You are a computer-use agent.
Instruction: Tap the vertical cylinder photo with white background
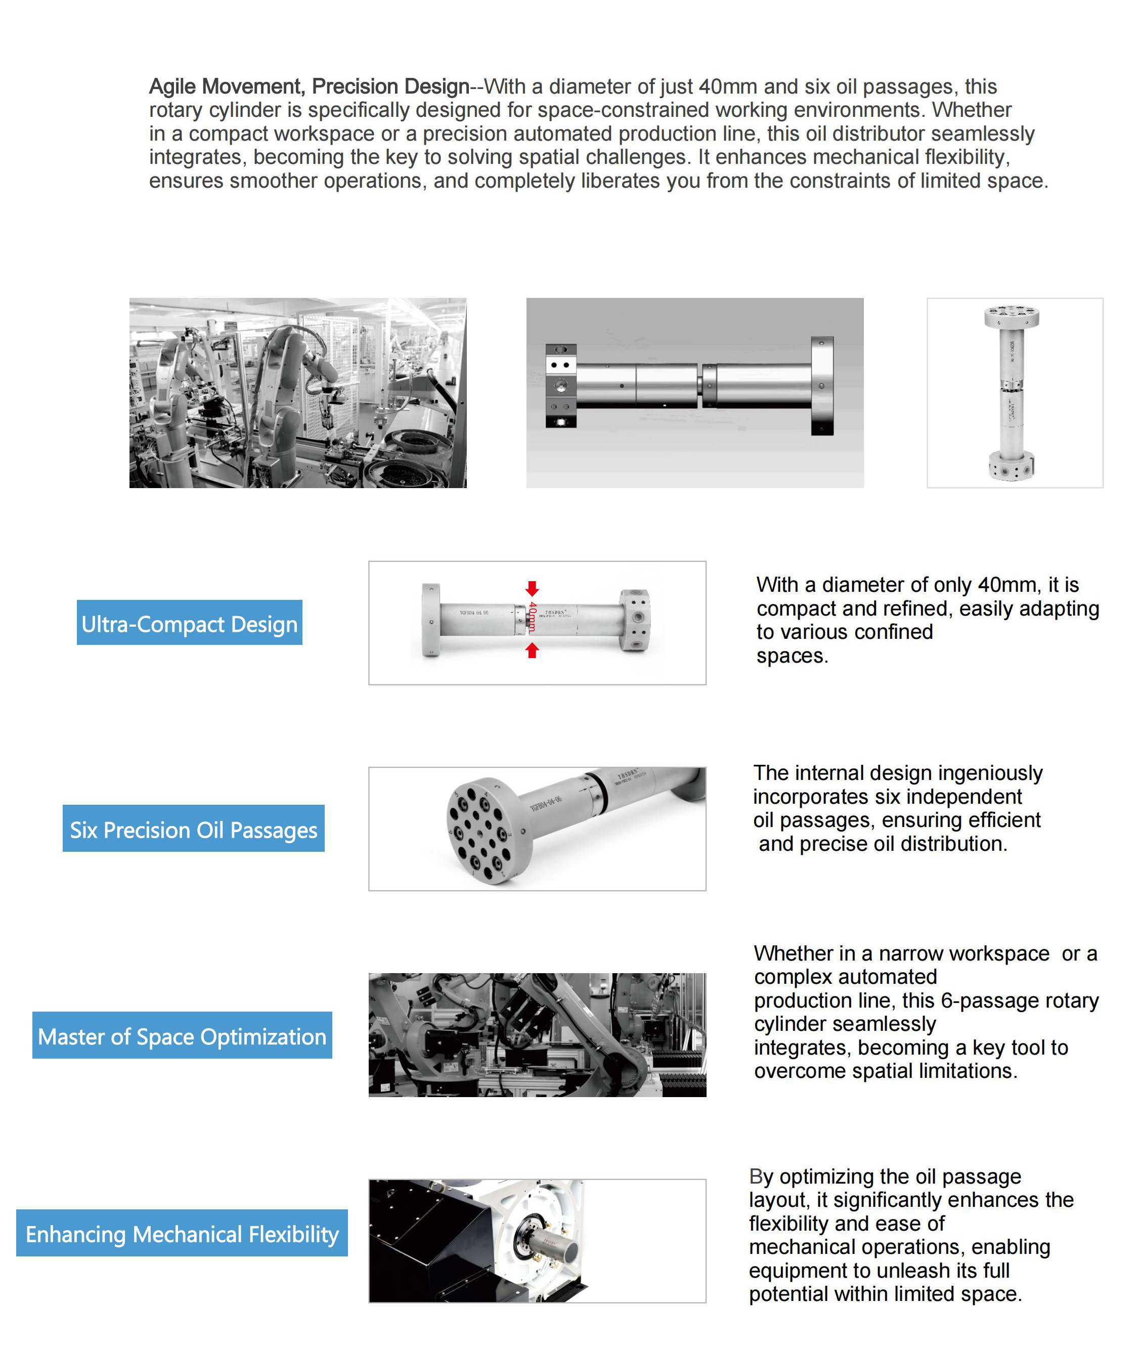click(x=1014, y=393)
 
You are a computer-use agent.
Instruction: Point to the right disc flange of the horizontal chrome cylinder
click(x=821, y=385)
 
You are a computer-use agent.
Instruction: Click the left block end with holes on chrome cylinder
click(x=560, y=386)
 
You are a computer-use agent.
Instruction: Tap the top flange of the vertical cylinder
click(x=1011, y=316)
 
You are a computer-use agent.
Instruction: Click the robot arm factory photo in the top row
click(x=297, y=393)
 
